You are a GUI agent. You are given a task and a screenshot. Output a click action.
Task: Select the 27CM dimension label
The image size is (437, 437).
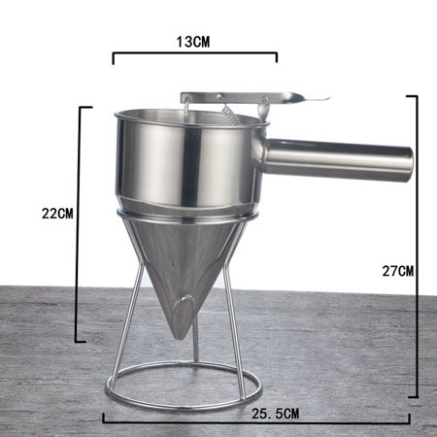[x=399, y=271]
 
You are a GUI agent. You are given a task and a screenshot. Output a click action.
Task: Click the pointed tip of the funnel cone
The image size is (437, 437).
[x=180, y=331]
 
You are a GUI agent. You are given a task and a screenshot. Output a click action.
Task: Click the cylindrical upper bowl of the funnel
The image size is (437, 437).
[x=185, y=160]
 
